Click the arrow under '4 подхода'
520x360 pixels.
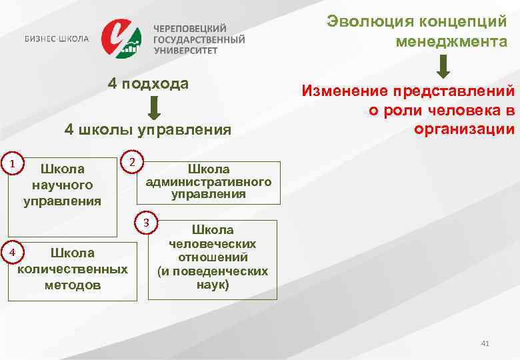(154, 107)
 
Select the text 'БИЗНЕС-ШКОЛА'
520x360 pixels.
(57, 39)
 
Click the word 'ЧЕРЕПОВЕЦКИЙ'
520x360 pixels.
(191, 29)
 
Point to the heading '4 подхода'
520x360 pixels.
(149, 84)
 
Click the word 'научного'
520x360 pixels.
(62, 185)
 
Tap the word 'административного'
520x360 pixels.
(208, 181)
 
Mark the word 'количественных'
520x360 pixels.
(73, 269)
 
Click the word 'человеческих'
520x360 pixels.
(213, 243)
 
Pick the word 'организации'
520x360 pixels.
(464, 129)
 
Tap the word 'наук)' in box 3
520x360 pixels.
(213, 285)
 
